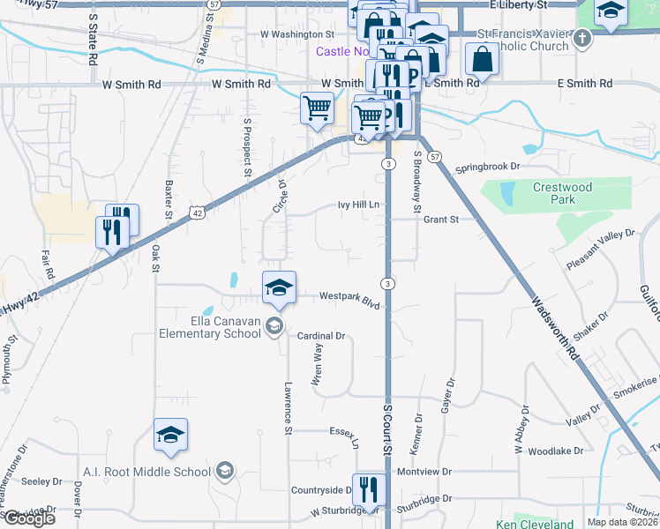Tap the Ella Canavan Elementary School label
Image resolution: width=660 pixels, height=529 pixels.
(209, 327)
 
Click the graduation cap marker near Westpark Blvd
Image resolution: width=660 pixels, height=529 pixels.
(279, 287)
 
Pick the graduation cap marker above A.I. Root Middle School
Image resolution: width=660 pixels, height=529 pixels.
(170, 435)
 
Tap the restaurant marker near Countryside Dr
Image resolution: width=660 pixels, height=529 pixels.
(368, 489)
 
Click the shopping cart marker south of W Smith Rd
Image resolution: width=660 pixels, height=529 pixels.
(317, 109)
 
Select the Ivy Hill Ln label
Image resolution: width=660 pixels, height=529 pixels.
(358, 205)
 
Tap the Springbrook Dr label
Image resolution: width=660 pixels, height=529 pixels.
(489, 167)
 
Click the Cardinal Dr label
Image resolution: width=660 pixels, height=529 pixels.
(320, 336)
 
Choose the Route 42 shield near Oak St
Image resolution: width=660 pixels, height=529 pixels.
(197, 212)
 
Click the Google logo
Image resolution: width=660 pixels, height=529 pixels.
(29, 518)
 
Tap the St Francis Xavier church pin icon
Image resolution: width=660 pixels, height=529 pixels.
(581, 39)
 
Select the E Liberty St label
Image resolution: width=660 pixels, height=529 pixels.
(518, 5)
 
